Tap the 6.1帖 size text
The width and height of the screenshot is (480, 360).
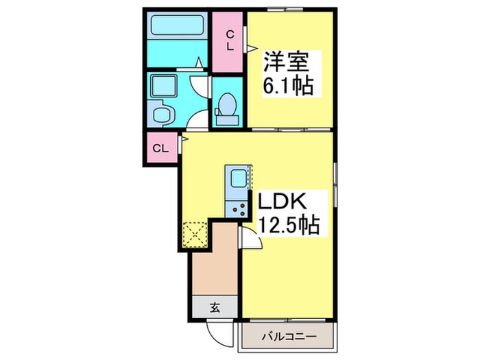287,86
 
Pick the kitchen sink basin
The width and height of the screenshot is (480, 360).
237,180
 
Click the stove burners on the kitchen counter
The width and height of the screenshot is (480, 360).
238,207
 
